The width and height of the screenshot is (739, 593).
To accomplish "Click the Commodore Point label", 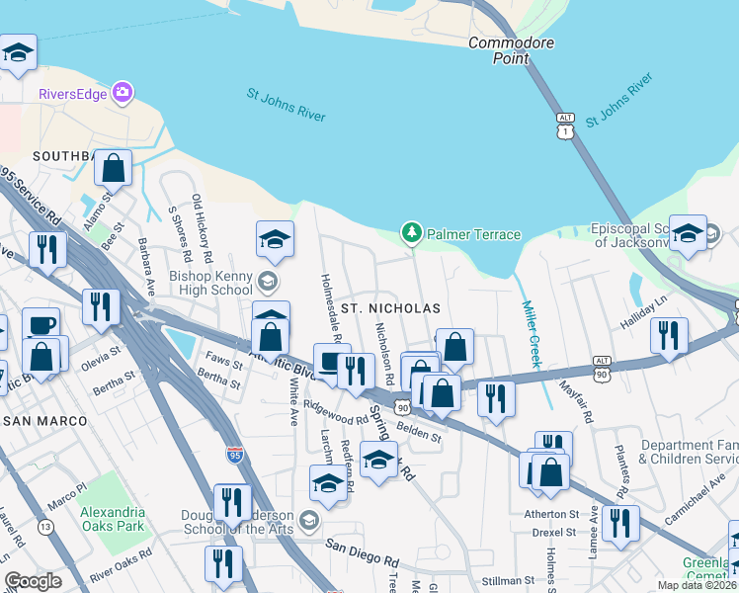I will tap(511, 50).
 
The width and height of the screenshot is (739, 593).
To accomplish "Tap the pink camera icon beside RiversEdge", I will tap(123, 93).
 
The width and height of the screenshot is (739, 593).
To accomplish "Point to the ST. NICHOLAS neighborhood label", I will tap(389, 308).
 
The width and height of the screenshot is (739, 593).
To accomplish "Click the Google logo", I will tap(33, 581).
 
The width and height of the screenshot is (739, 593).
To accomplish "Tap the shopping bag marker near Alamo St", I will tap(115, 168).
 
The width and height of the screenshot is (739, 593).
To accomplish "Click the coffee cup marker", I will tap(41, 325).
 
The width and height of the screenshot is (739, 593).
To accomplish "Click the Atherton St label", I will tap(551, 514).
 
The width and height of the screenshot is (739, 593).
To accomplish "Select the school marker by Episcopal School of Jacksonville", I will tap(689, 233).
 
